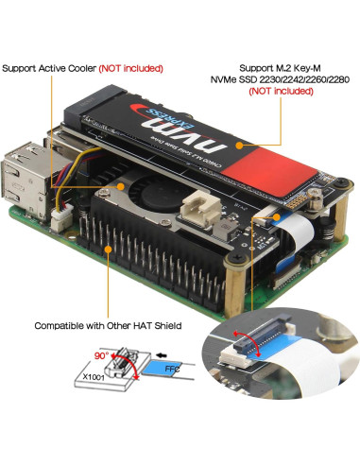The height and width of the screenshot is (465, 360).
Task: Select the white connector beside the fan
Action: click(200, 206)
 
